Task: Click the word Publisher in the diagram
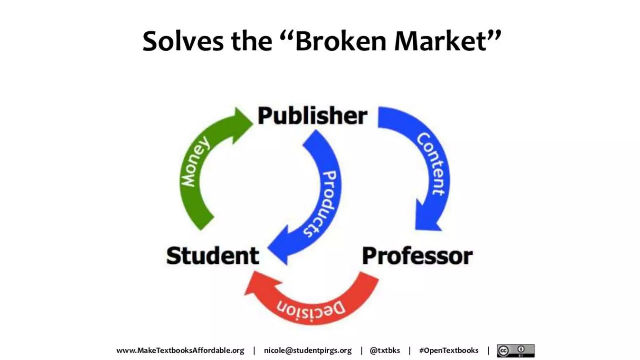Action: (x=312, y=116)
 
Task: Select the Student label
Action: (x=212, y=256)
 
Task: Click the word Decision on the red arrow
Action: (x=311, y=309)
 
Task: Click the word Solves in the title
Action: (x=183, y=41)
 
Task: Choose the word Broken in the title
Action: (x=341, y=41)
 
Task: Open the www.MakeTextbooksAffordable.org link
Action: (x=180, y=351)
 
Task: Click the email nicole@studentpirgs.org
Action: (x=308, y=351)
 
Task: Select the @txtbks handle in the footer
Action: (x=385, y=351)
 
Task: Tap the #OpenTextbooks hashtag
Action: (x=449, y=351)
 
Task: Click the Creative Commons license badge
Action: (x=516, y=351)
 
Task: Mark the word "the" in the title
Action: (x=252, y=41)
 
